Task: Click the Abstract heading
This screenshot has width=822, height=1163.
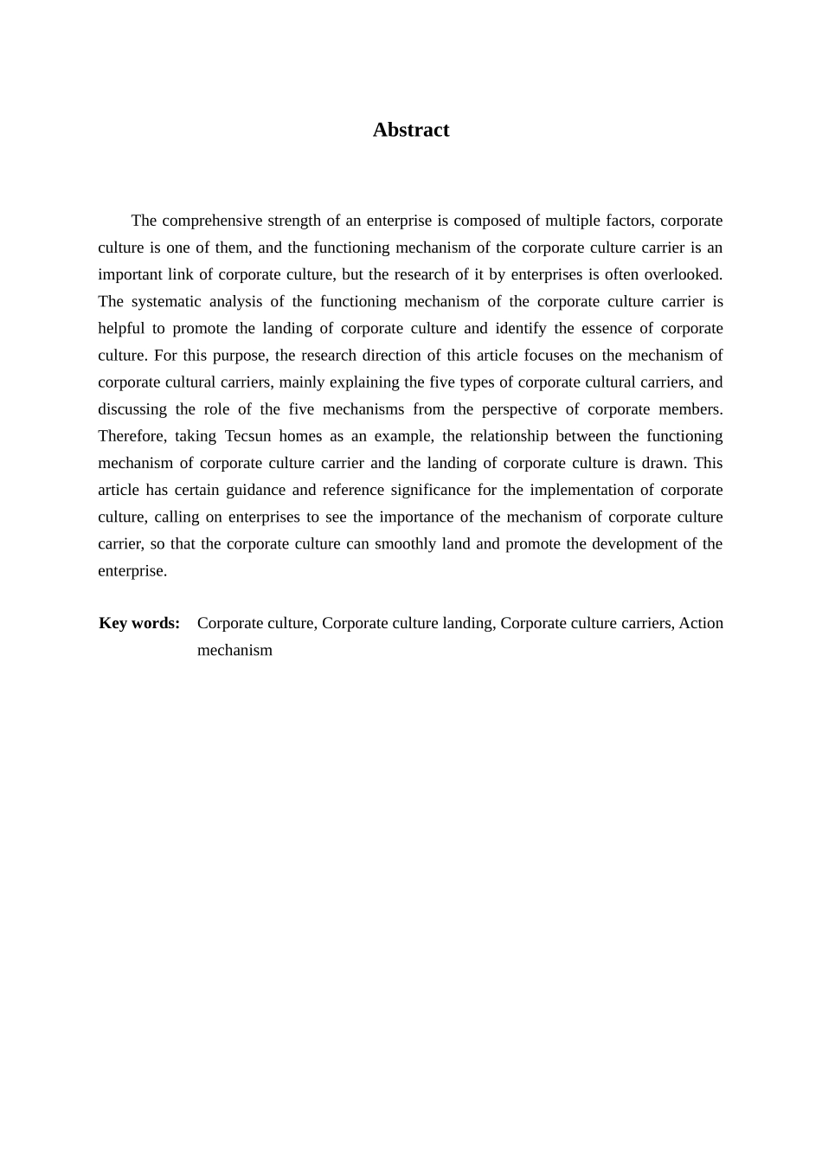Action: pos(411,130)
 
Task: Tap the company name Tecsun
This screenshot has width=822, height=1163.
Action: pos(247,435)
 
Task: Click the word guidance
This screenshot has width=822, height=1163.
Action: pos(254,490)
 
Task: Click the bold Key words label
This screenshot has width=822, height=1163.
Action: pos(139,623)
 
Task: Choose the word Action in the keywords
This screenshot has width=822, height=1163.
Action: pos(701,623)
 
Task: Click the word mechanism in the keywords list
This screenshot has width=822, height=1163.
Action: pos(234,650)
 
